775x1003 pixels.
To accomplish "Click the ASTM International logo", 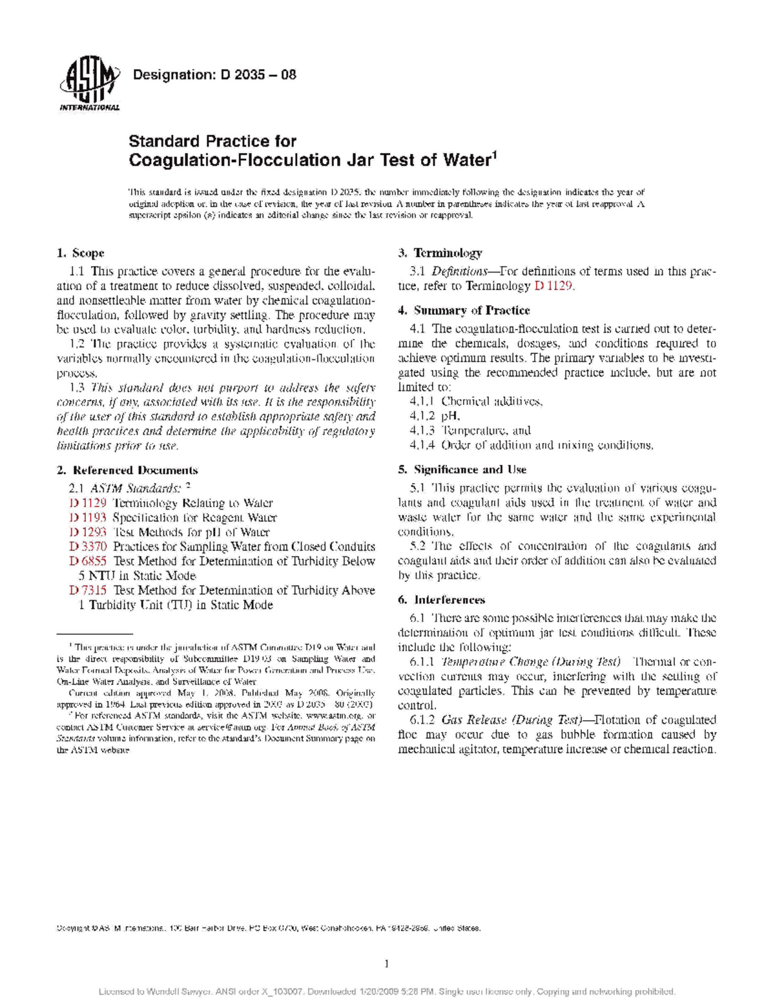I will pos(89,85).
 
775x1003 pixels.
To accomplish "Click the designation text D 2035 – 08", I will pos(214,75).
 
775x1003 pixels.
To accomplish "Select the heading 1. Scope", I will pos(81,253).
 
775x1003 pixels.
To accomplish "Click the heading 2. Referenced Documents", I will pos(127,470).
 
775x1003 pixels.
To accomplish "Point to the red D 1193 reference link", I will pos(88,518).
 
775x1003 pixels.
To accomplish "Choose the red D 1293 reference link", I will pos(88,532).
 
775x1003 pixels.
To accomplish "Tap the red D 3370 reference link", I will pos(88,546).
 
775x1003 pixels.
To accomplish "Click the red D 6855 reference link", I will pos(88,561).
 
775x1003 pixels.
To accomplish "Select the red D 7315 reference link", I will pos(88,590).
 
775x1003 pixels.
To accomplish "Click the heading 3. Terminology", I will pos(440,253).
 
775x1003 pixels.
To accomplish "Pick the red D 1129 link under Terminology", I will pos(553,285).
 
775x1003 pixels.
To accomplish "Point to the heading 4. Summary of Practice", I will pos(464,311).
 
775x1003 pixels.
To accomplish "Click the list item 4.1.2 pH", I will pos(435,416).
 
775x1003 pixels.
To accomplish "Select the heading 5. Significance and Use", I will pos(462,470).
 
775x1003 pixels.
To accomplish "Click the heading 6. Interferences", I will pos(441,600).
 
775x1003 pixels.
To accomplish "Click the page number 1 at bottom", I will pos(387,964).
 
